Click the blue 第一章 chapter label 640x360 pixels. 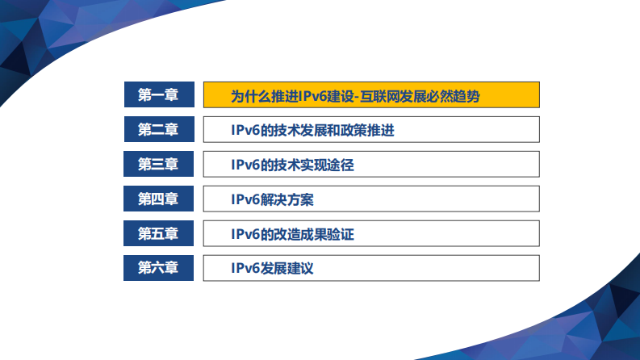158,95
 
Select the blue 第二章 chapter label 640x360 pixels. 158,130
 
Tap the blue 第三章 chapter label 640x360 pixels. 158,165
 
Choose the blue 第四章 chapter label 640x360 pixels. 158,199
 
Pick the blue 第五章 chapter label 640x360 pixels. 158,234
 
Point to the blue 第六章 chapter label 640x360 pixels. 158,268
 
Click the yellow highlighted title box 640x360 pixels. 370,95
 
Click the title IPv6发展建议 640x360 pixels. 271,268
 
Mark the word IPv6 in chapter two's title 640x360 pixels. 245,130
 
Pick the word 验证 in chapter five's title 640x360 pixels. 341,234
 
